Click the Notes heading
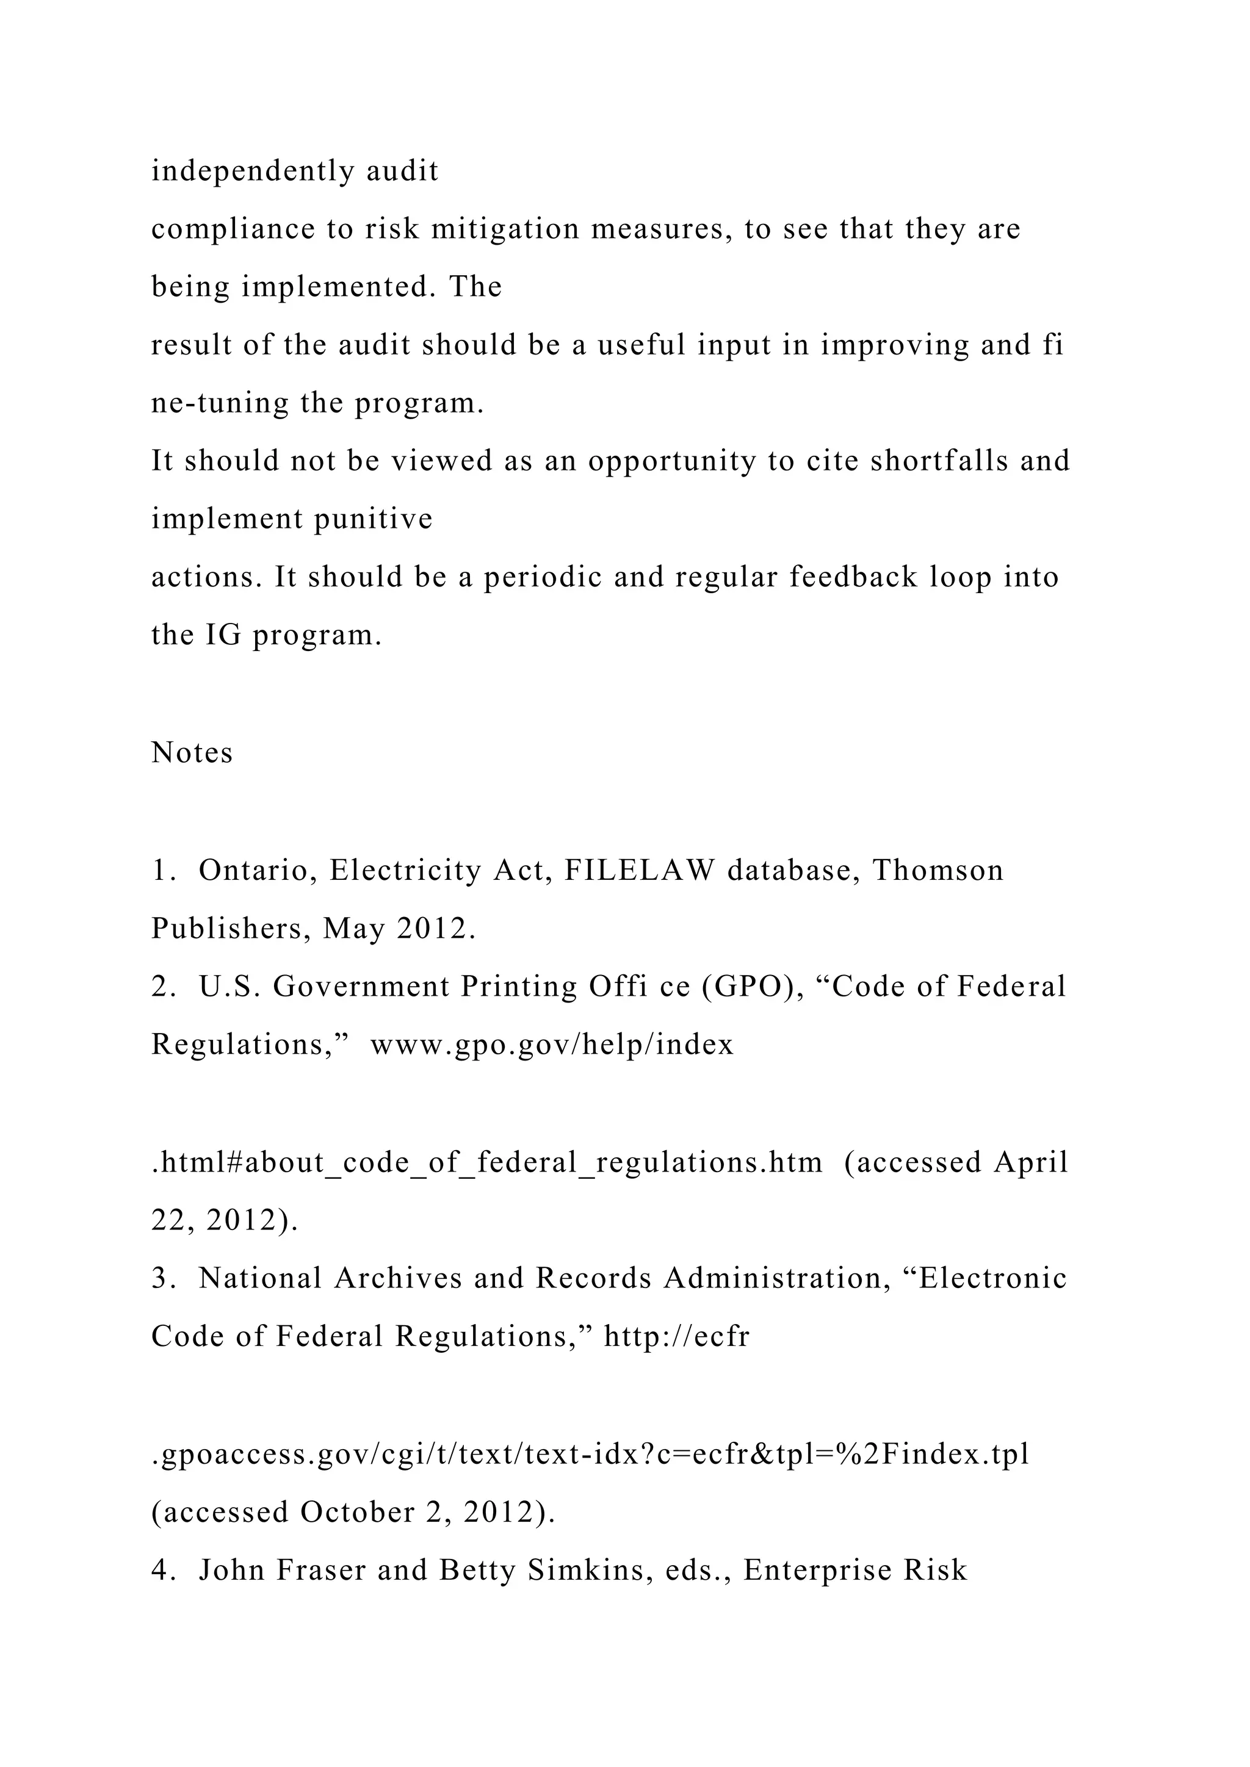point(192,753)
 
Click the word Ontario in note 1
point(258,871)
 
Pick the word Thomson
point(937,871)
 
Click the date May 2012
point(396,929)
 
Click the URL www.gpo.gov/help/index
point(552,1045)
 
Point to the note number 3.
point(160,1278)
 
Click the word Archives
point(398,1278)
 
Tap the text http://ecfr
point(676,1337)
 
